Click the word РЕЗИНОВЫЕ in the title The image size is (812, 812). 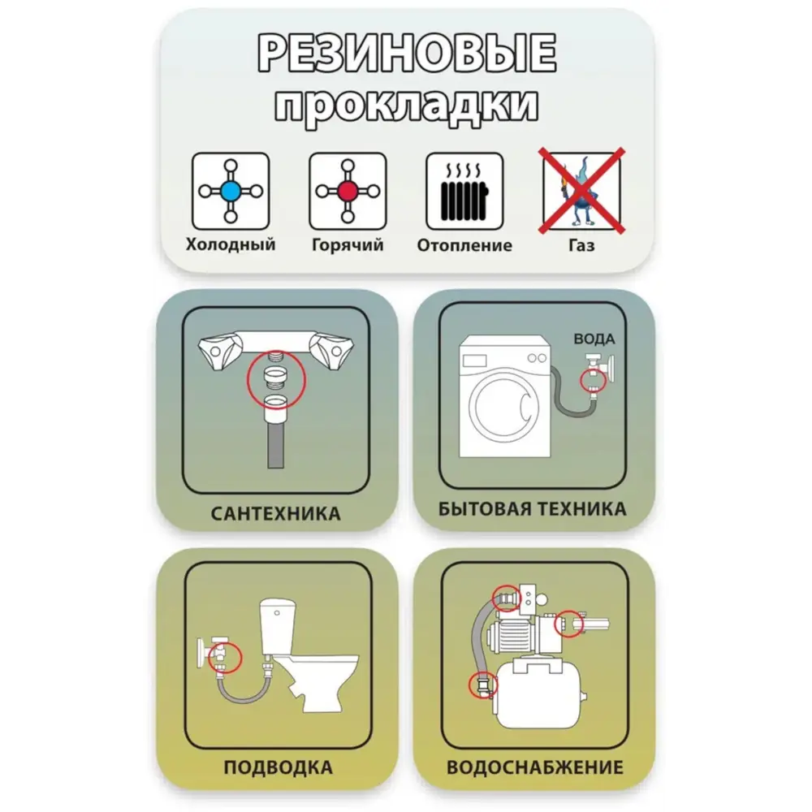point(407,53)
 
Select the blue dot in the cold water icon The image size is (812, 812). point(231,192)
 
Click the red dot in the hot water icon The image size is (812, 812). point(348,192)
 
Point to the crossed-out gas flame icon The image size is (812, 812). point(581,191)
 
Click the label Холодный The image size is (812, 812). point(231,244)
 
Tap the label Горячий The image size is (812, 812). point(348,245)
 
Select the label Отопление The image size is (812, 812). point(464,245)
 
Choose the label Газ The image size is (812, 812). point(581,245)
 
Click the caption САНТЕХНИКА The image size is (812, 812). point(275,514)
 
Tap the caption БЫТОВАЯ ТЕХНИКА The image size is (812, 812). point(533,509)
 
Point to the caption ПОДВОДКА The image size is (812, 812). point(278,767)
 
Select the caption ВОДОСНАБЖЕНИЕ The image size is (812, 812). point(535,767)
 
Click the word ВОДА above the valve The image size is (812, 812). point(594,339)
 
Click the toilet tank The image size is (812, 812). point(278,627)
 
